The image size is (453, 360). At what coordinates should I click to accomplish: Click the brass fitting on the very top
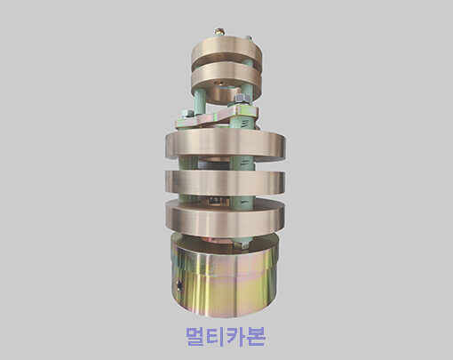coord(219,32)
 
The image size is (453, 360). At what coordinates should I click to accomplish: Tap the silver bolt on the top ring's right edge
coord(248,38)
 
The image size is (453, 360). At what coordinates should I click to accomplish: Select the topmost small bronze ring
coord(226,51)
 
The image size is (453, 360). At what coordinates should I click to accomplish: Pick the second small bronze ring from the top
coord(226,78)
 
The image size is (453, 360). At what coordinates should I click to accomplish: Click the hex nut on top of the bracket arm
coord(242,100)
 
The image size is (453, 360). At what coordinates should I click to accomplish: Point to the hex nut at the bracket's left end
coord(187,114)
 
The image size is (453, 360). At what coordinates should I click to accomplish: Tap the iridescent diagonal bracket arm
coord(217,117)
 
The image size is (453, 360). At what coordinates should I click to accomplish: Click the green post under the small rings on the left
coord(200,101)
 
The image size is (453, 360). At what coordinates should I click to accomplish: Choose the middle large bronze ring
coord(225,182)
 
